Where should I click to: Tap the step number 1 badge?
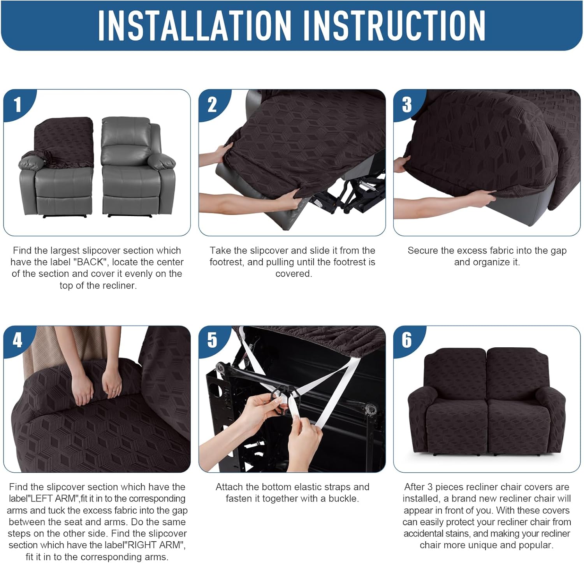[17, 105]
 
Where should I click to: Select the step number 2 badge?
[212, 105]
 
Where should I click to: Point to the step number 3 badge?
[407, 104]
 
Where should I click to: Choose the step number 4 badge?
[17, 340]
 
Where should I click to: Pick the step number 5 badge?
[212, 340]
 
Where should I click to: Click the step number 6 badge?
[407, 340]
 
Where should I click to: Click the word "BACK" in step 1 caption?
[90, 262]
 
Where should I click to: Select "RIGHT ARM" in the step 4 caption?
[157, 545]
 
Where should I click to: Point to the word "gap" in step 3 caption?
[559, 250]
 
